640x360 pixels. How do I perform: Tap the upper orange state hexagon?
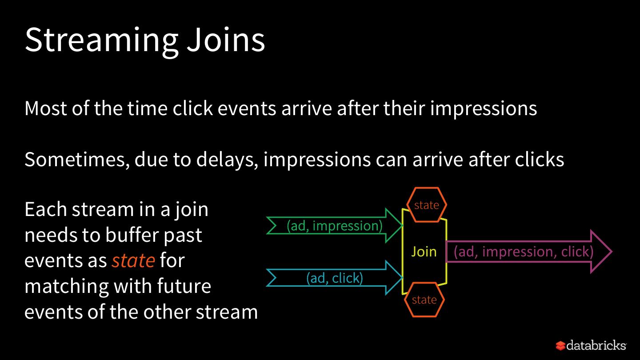click(426, 205)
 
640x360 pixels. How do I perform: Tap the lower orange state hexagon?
click(424, 300)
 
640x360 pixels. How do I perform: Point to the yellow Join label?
click(424, 252)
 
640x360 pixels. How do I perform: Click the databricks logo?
click(591, 345)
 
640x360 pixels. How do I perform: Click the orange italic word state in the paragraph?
click(133, 260)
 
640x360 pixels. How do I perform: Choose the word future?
click(184, 286)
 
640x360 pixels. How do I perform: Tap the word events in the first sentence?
click(246, 108)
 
